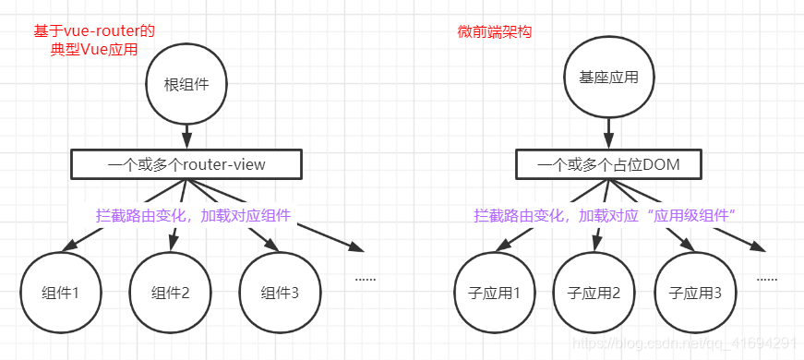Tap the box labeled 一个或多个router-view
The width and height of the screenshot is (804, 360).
pos(186,165)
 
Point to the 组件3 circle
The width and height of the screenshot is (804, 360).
pos(280,294)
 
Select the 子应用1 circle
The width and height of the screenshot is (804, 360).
pos(494,294)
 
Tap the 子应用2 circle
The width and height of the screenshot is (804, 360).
pos(594,294)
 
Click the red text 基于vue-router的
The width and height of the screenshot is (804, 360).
pos(94,30)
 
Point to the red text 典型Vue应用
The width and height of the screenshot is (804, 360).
pos(94,50)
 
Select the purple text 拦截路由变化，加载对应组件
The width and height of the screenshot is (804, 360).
pos(193,215)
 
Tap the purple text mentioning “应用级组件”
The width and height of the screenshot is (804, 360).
pos(604,215)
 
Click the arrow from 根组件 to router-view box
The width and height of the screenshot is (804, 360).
pos(186,135)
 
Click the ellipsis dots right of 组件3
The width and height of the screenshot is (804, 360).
pos(365,277)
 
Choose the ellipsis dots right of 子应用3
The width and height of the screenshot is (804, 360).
pos(766,277)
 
